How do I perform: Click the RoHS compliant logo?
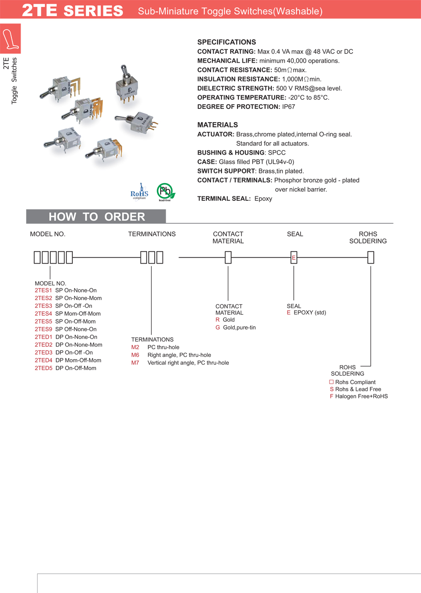140,192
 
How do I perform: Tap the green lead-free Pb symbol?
165,192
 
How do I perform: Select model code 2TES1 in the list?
43,290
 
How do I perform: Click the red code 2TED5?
43,368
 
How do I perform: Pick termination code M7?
135,362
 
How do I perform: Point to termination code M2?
135,347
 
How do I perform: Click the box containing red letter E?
294,258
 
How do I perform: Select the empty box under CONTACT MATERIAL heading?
228,258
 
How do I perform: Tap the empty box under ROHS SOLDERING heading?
371,258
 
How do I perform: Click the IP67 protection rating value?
287,107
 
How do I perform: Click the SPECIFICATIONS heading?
227,42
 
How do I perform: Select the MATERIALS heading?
217,125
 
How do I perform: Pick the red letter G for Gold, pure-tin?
218,328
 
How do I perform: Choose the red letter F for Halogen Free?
331,396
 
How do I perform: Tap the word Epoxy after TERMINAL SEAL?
263,199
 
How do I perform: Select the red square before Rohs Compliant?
331,382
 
